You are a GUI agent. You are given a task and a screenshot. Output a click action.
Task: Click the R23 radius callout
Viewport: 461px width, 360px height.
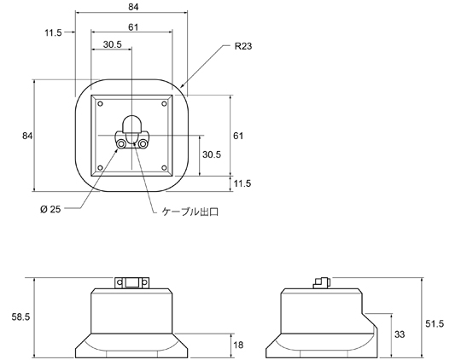click(243, 46)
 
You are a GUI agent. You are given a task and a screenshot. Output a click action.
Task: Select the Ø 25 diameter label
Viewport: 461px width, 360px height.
click(50, 209)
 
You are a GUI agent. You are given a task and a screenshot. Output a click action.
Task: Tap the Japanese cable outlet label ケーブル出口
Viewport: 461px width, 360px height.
click(190, 212)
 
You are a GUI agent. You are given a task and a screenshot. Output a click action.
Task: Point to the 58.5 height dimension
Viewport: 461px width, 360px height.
click(20, 316)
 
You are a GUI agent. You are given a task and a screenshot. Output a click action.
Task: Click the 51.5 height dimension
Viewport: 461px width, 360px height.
click(435, 323)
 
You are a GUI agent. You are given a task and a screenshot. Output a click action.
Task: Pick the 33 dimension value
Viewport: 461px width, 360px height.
click(400, 334)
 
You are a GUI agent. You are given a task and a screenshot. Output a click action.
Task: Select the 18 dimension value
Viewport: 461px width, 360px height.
click(238, 345)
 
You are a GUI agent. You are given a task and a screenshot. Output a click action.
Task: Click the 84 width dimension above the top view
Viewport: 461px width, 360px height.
click(133, 7)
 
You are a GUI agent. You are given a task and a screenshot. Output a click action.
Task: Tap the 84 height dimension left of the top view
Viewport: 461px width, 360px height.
click(27, 136)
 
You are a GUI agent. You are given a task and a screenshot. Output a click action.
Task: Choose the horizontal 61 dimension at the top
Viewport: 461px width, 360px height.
click(133, 27)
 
